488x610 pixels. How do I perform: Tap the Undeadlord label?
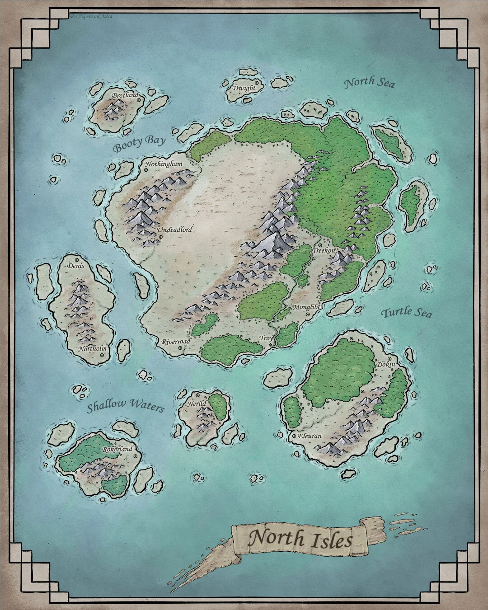175,230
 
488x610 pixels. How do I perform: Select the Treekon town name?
324,250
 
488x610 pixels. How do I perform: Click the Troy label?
266,338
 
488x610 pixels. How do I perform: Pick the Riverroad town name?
176,342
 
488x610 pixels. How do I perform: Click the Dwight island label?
244,88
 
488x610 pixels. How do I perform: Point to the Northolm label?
92,349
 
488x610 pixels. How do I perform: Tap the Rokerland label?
117,449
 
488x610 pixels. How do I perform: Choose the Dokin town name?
385,364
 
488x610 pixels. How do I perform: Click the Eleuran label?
310,436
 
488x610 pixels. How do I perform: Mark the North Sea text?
369,83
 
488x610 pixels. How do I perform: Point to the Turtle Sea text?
406,312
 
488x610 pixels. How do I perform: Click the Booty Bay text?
139,144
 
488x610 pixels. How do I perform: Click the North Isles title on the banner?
300,539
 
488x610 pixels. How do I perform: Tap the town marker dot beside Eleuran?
294,436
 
